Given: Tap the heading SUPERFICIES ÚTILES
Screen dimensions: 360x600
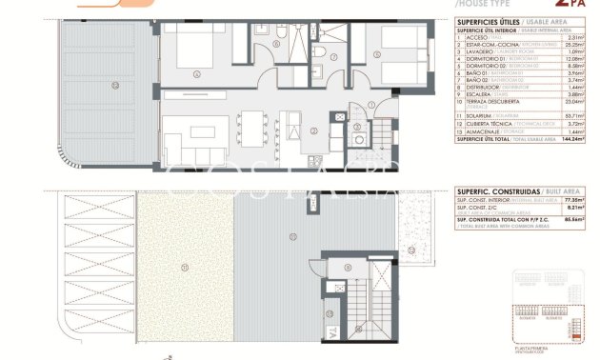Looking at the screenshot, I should (484, 22).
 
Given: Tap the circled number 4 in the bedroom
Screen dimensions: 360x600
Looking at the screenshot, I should (196, 73).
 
